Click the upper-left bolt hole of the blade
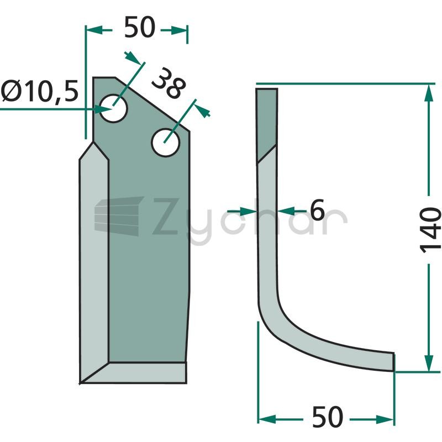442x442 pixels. [x=113, y=108]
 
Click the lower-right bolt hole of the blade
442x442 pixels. [x=165, y=143]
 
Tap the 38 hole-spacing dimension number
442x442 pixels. [x=169, y=83]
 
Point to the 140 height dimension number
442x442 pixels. [x=430, y=230]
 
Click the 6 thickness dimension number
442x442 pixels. [x=317, y=210]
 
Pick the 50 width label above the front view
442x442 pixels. [x=140, y=27]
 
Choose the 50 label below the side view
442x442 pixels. [x=327, y=417]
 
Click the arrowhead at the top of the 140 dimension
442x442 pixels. [x=429, y=93]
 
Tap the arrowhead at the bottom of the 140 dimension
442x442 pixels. [x=429, y=362]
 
